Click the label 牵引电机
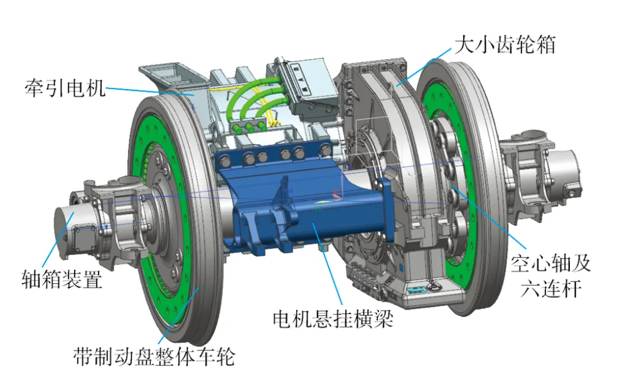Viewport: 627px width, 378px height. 65,88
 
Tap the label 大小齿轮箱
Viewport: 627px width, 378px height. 505,45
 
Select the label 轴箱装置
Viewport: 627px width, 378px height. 62,278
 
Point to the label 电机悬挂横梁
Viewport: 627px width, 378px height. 333,319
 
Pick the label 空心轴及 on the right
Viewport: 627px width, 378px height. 550,263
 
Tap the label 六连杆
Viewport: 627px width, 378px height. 551,288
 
